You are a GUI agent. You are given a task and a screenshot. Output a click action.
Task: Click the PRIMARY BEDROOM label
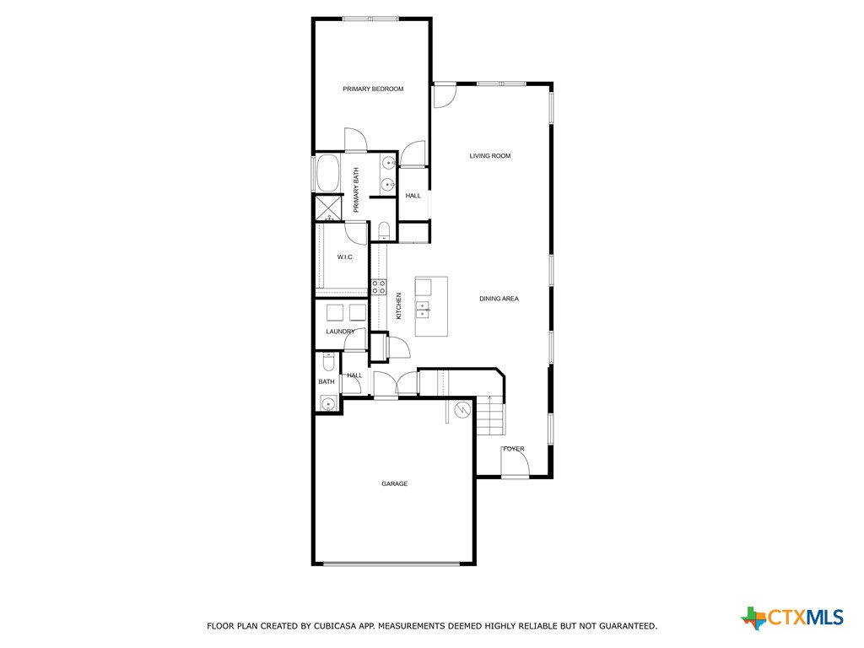coord(372,89)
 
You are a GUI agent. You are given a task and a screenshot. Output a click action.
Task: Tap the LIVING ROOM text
coord(489,156)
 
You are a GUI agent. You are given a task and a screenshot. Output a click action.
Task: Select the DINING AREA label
coord(499,299)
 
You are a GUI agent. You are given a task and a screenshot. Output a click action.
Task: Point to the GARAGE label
coord(394,483)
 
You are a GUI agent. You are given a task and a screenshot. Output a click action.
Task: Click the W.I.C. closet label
coord(344,256)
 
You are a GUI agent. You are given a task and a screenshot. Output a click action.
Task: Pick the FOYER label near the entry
coord(513,449)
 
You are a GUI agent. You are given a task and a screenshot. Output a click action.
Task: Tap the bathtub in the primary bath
coord(327,174)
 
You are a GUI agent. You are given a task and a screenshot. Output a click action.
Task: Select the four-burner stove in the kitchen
coord(379,287)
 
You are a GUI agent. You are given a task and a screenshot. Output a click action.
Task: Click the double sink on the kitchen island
coord(424,310)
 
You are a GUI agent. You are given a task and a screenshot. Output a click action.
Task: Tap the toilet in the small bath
coord(327,362)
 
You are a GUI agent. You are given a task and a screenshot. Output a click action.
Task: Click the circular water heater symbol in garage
coord(462,410)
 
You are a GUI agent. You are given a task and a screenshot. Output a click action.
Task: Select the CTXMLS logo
coord(792,618)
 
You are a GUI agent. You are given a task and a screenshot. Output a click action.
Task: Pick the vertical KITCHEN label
coord(399,305)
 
